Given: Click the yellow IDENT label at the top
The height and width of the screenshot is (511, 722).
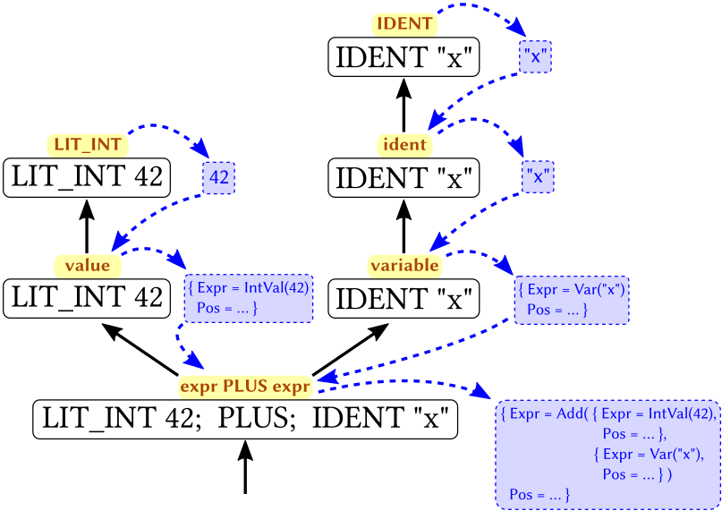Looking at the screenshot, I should [x=403, y=24].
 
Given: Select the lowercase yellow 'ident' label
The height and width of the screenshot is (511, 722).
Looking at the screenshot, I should [x=404, y=143].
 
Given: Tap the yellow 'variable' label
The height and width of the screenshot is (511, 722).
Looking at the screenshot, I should [x=404, y=265].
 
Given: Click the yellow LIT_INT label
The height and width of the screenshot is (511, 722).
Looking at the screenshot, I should [x=86, y=143].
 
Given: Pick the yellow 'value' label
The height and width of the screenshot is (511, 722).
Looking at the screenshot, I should [x=87, y=265].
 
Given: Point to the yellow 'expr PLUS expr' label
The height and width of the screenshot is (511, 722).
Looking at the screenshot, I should [x=244, y=387].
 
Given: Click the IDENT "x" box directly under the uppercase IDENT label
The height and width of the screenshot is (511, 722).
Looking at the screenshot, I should [x=404, y=57].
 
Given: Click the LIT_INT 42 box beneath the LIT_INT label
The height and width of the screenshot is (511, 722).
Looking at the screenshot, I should [x=87, y=177].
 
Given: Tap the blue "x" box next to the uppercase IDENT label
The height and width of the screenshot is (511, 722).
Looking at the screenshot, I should [x=535, y=57].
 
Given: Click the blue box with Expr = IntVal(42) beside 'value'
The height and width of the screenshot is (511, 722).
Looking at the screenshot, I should [x=249, y=298].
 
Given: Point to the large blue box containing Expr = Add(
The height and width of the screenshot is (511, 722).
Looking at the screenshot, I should [x=607, y=454].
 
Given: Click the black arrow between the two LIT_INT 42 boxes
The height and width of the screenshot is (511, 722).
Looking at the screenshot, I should [x=87, y=226].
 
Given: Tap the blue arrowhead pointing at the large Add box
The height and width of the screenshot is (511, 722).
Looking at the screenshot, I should [x=481, y=395].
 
